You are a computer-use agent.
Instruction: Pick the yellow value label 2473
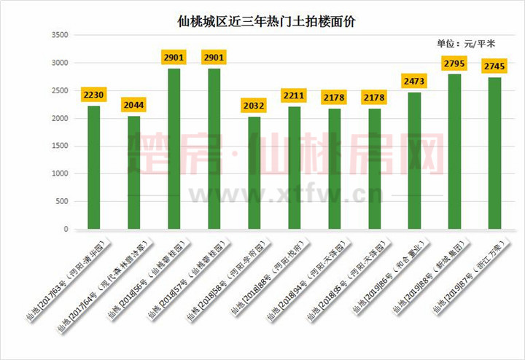tap(414, 79)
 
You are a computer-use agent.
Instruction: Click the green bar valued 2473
tap(414, 161)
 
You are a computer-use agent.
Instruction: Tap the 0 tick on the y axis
tap(66, 230)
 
